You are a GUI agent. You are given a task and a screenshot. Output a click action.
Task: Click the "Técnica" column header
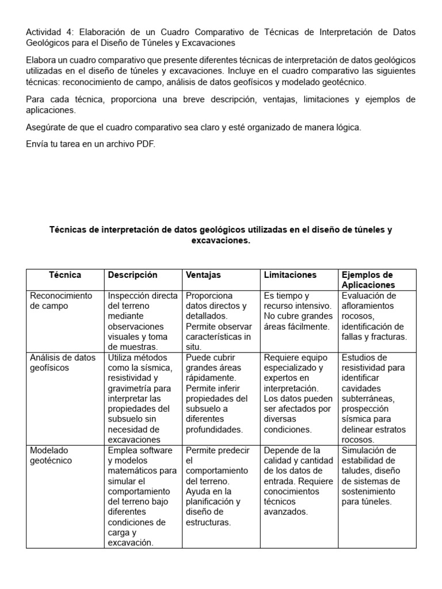[64, 275]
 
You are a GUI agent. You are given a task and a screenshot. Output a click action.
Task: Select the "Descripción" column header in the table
[132, 275]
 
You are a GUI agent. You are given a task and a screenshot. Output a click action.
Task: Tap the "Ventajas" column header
[203, 275]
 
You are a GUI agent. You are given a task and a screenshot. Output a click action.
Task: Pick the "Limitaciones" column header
[290, 275]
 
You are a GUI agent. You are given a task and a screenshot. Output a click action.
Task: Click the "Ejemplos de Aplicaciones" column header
[368, 280]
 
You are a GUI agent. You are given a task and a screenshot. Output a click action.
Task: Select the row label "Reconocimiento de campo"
[61, 301]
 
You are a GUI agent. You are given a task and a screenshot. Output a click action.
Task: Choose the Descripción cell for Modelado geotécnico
[142, 496]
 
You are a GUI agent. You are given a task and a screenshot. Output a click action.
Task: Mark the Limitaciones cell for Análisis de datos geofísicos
[298, 393]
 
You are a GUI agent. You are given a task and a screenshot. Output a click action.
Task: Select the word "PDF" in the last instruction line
[146, 144]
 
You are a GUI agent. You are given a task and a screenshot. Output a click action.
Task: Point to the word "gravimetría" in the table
[131, 388]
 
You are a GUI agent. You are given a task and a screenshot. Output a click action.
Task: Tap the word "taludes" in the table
[356, 471]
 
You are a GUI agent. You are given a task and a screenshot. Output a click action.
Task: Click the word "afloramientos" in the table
[368, 306]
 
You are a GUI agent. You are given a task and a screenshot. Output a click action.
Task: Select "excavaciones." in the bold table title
[221, 240]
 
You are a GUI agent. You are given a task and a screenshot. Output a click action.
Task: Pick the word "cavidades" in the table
[360, 388]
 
